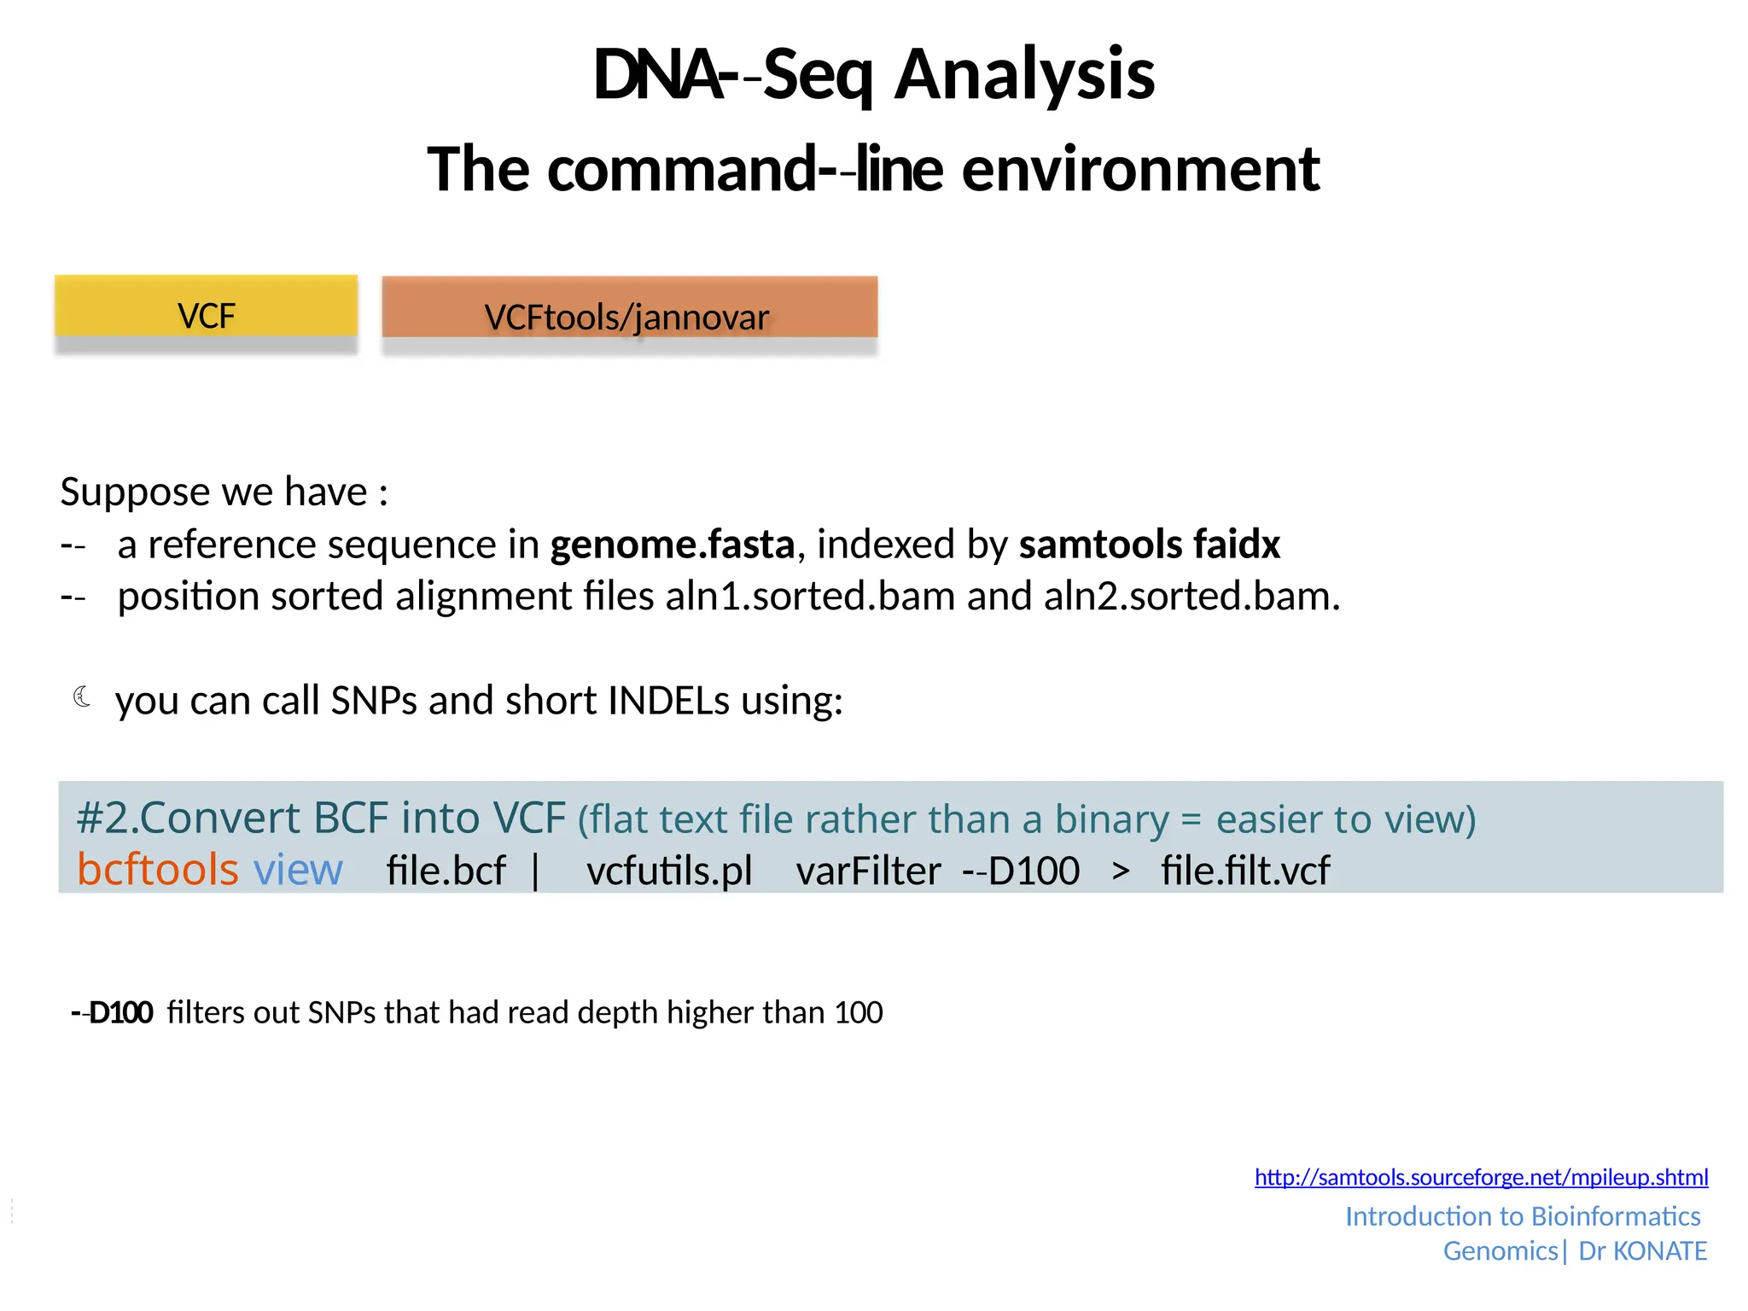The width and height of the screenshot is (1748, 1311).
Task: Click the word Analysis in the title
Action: pos(1024,75)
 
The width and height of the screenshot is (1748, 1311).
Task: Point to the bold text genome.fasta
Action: pos(672,545)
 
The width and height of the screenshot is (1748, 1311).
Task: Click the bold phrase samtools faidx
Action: pos(1149,545)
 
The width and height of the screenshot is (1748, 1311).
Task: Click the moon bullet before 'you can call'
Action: pos(83,697)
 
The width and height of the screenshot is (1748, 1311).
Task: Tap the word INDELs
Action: pos(670,701)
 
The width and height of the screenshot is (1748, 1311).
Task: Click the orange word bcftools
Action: pos(157,870)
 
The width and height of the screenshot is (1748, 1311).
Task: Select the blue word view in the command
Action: pos(298,870)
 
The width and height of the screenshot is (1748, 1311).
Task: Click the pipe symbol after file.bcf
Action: pos(535,871)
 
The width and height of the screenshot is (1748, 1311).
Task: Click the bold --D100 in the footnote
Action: pos(113,1013)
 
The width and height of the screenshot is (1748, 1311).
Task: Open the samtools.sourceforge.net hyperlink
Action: pos(1481,1178)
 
